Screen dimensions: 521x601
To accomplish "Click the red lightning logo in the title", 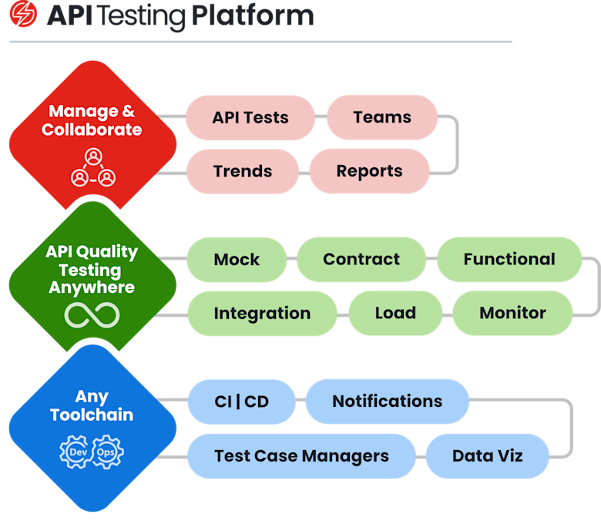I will pyautogui.click(x=23, y=15).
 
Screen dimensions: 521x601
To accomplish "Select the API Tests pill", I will pyautogui.click(x=250, y=118).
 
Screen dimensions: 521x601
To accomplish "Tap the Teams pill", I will pyautogui.click(x=382, y=117).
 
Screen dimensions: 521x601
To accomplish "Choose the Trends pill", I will pyautogui.click(x=243, y=171).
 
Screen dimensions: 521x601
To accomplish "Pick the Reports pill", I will pyautogui.click(x=369, y=171).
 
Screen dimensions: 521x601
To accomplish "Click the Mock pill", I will pyautogui.click(x=237, y=259).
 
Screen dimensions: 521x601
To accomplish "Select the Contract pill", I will pyautogui.click(x=361, y=259).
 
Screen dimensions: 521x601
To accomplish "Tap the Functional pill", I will pyautogui.click(x=509, y=259).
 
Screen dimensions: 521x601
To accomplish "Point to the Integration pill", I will pyautogui.click(x=262, y=314).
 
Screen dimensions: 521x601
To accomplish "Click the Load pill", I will pyautogui.click(x=395, y=314).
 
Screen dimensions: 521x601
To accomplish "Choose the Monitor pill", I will pyautogui.click(x=512, y=314).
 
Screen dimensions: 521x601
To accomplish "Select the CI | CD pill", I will pyautogui.click(x=241, y=402).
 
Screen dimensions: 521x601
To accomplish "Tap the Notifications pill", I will pyautogui.click(x=387, y=402).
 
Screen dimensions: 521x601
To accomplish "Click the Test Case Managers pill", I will pyautogui.click(x=301, y=456).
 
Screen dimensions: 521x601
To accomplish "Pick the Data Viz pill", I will pyautogui.click(x=487, y=456).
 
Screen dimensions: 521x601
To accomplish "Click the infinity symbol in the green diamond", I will pyautogui.click(x=92, y=314).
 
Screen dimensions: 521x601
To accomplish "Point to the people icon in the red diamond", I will pyautogui.click(x=92, y=168).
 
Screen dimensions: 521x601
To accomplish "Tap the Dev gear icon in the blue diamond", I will pyautogui.click(x=77, y=452).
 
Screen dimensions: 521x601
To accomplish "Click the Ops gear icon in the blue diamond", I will pyautogui.click(x=107, y=452).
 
